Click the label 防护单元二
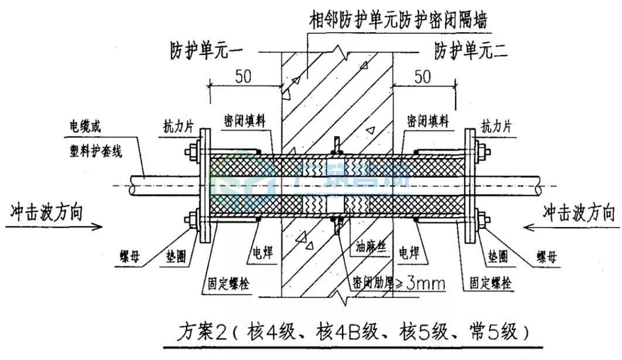[x=470, y=51]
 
